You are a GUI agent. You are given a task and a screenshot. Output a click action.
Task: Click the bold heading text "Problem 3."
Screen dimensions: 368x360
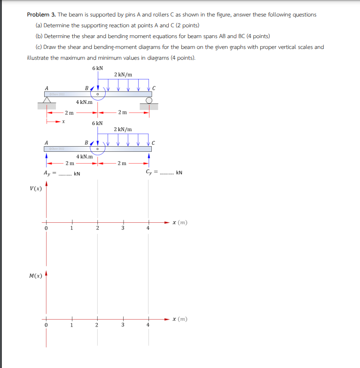[41, 15]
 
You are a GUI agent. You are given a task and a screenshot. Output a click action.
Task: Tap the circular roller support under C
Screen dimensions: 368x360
[149, 100]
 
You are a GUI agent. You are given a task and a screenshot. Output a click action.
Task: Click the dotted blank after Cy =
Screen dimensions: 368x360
[167, 173]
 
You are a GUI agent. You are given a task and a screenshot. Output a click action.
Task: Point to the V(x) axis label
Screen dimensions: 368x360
[36, 189]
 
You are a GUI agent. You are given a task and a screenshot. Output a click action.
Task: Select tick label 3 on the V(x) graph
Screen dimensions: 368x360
[124, 228]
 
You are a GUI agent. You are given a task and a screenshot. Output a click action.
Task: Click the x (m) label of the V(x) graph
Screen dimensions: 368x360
[180, 223]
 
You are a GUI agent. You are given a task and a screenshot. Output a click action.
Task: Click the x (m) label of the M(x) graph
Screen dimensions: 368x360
[180, 319]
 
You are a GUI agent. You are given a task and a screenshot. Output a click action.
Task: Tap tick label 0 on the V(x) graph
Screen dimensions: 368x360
[46, 228]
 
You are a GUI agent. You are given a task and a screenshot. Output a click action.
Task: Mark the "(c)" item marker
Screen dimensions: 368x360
[39, 47]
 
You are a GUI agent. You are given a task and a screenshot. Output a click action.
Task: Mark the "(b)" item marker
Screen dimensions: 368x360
[39, 36]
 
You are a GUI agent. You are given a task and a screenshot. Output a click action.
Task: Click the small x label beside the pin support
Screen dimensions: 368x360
[63, 122]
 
